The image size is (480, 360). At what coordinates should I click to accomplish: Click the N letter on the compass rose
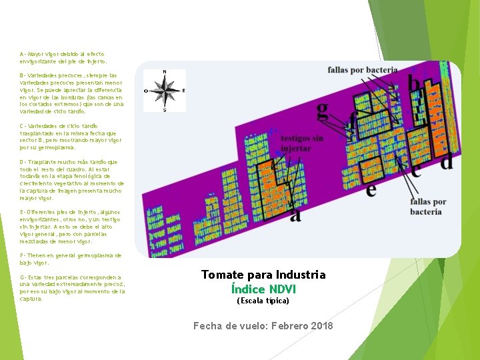click(165, 72)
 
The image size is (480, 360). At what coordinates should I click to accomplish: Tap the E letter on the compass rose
click(183, 90)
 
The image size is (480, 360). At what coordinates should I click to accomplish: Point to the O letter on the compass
click(146, 90)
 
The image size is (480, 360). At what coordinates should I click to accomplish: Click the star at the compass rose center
click(165, 89)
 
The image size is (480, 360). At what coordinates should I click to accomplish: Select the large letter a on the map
click(295, 214)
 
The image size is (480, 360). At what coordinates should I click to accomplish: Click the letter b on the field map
click(414, 83)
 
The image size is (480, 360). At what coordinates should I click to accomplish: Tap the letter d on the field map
click(446, 161)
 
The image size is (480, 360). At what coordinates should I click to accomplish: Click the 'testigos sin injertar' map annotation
click(303, 143)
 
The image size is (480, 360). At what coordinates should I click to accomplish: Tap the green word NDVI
click(282, 289)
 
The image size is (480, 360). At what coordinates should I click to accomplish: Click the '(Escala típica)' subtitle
click(263, 301)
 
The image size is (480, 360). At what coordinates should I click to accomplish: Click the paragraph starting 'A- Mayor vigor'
click(63, 57)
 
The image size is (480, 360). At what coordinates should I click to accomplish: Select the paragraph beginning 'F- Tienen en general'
click(71, 259)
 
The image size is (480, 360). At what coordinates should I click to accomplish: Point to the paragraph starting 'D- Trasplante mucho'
click(71, 179)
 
